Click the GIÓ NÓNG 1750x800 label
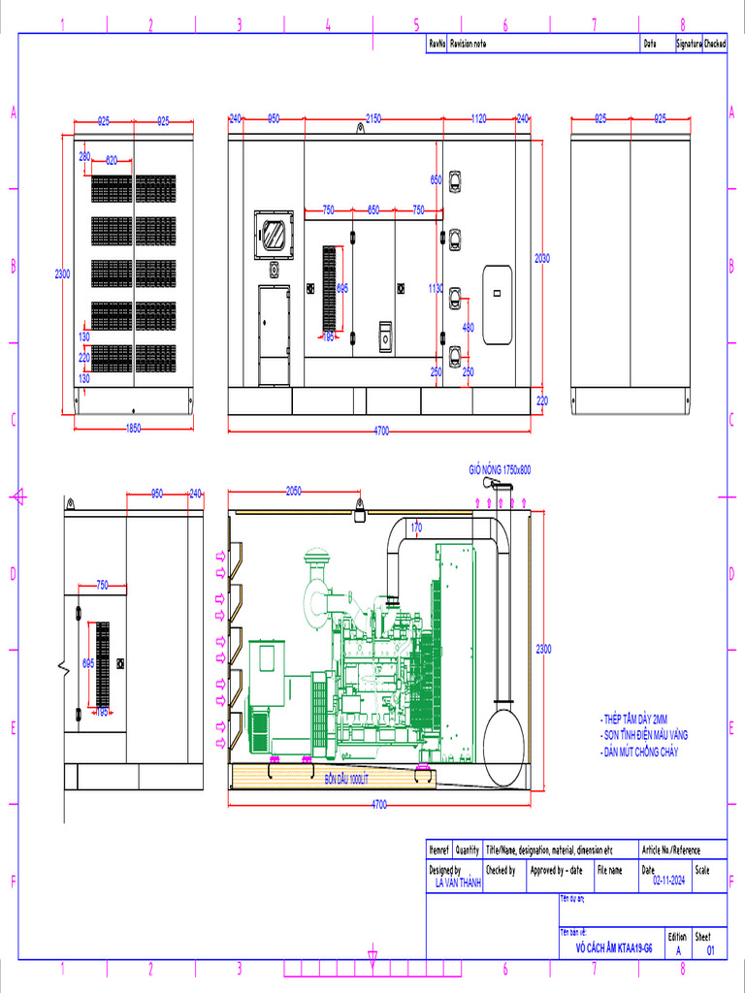[x=500, y=469]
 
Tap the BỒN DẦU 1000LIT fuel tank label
[x=346, y=779]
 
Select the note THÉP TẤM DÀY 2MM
[x=635, y=720]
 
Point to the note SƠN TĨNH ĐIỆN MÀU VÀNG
[x=646, y=735]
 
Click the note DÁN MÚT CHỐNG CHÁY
[x=640, y=752]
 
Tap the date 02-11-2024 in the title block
[x=669, y=881]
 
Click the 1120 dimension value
[x=478, y=118]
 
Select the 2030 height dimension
[x=542, y=258]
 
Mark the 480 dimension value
[x=469, y=328]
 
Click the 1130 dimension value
[x=436, y=288]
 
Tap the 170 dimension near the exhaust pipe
[x=416, y=528]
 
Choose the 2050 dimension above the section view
[x=294, y=491]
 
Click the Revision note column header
[x=468, y=44]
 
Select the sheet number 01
[x=710, y=951]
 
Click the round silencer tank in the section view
[x=503, y=747]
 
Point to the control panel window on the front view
[x=273, y=235]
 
